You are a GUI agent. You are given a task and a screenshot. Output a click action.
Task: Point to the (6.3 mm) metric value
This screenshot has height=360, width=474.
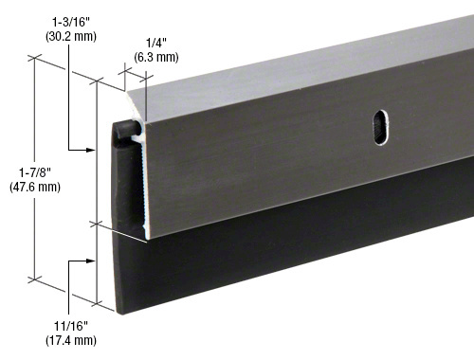click(x=155, y=57)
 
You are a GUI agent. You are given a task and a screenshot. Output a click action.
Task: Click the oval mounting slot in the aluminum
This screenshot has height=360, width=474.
click(x=379, y=128)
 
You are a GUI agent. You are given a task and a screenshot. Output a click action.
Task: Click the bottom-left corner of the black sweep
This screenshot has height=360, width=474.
click(x=118, y=311)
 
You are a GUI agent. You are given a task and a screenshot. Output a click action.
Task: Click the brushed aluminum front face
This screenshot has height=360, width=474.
click(x=284, y=152)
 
